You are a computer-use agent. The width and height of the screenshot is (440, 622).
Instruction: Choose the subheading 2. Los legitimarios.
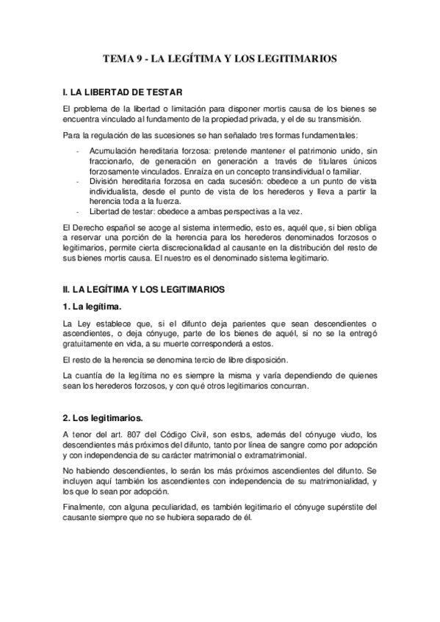pos(102,417)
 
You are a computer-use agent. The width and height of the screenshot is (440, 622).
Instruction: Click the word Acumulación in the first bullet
pos(114,151)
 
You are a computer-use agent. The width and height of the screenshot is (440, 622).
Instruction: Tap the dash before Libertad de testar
pos(78,211)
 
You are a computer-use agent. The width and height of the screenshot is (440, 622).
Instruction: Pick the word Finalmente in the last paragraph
pos(86,506)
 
